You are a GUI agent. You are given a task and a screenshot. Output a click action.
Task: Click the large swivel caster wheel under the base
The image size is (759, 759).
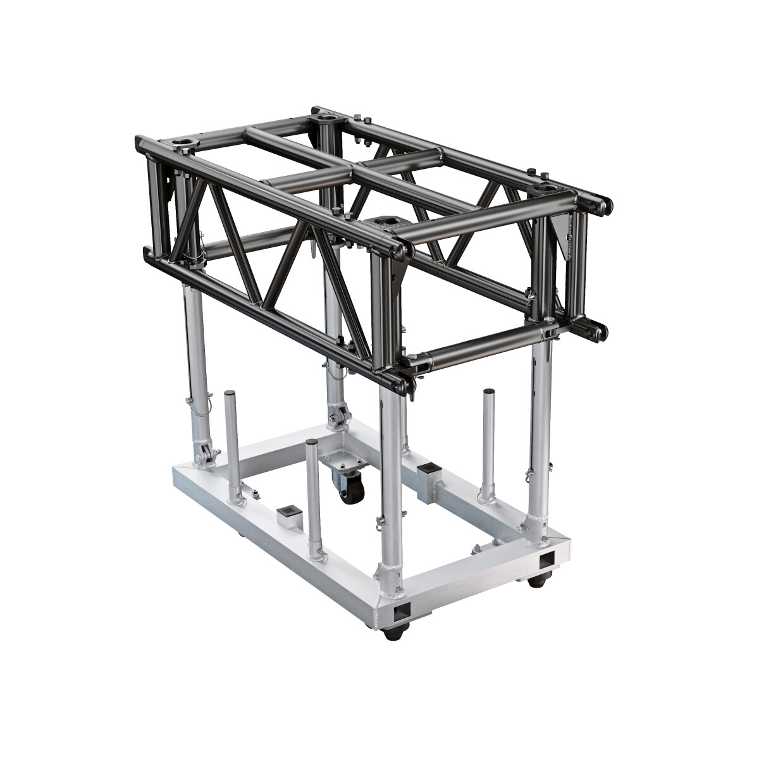(352, 489)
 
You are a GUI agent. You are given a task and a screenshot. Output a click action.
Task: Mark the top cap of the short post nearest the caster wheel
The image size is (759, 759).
(311, 443)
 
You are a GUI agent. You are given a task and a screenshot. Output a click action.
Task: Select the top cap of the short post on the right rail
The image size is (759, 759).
(489, 392)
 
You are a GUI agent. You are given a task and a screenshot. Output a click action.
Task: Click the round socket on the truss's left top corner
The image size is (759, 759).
(188, 140)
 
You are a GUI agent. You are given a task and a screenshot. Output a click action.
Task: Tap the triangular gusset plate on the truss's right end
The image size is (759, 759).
(562, 237)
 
